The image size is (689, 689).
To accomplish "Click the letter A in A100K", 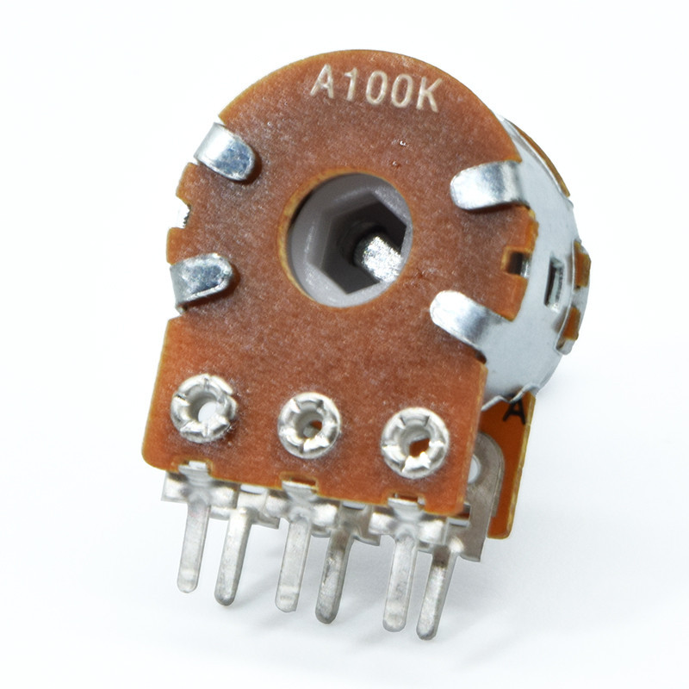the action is pos(326,82).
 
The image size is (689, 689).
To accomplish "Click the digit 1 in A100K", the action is pos(353,85).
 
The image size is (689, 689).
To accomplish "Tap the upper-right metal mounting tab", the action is pos(487,184).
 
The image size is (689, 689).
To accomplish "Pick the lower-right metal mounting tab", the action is pos(465,317).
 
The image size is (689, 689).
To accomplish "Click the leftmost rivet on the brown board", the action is pos(204,408).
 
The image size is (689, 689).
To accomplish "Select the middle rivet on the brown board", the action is pos(310,425).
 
